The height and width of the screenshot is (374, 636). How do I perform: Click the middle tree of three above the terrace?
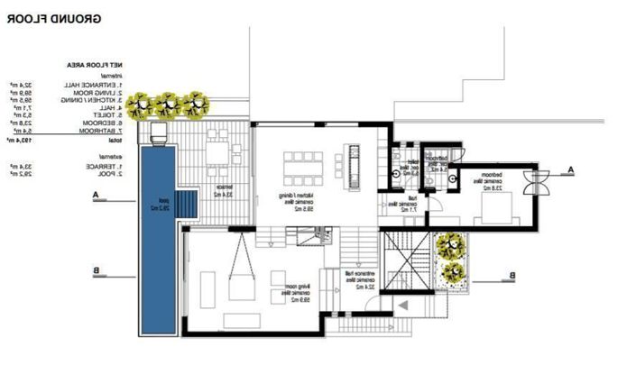point(165,106)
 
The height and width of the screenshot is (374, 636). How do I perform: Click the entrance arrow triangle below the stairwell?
point(406,306)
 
